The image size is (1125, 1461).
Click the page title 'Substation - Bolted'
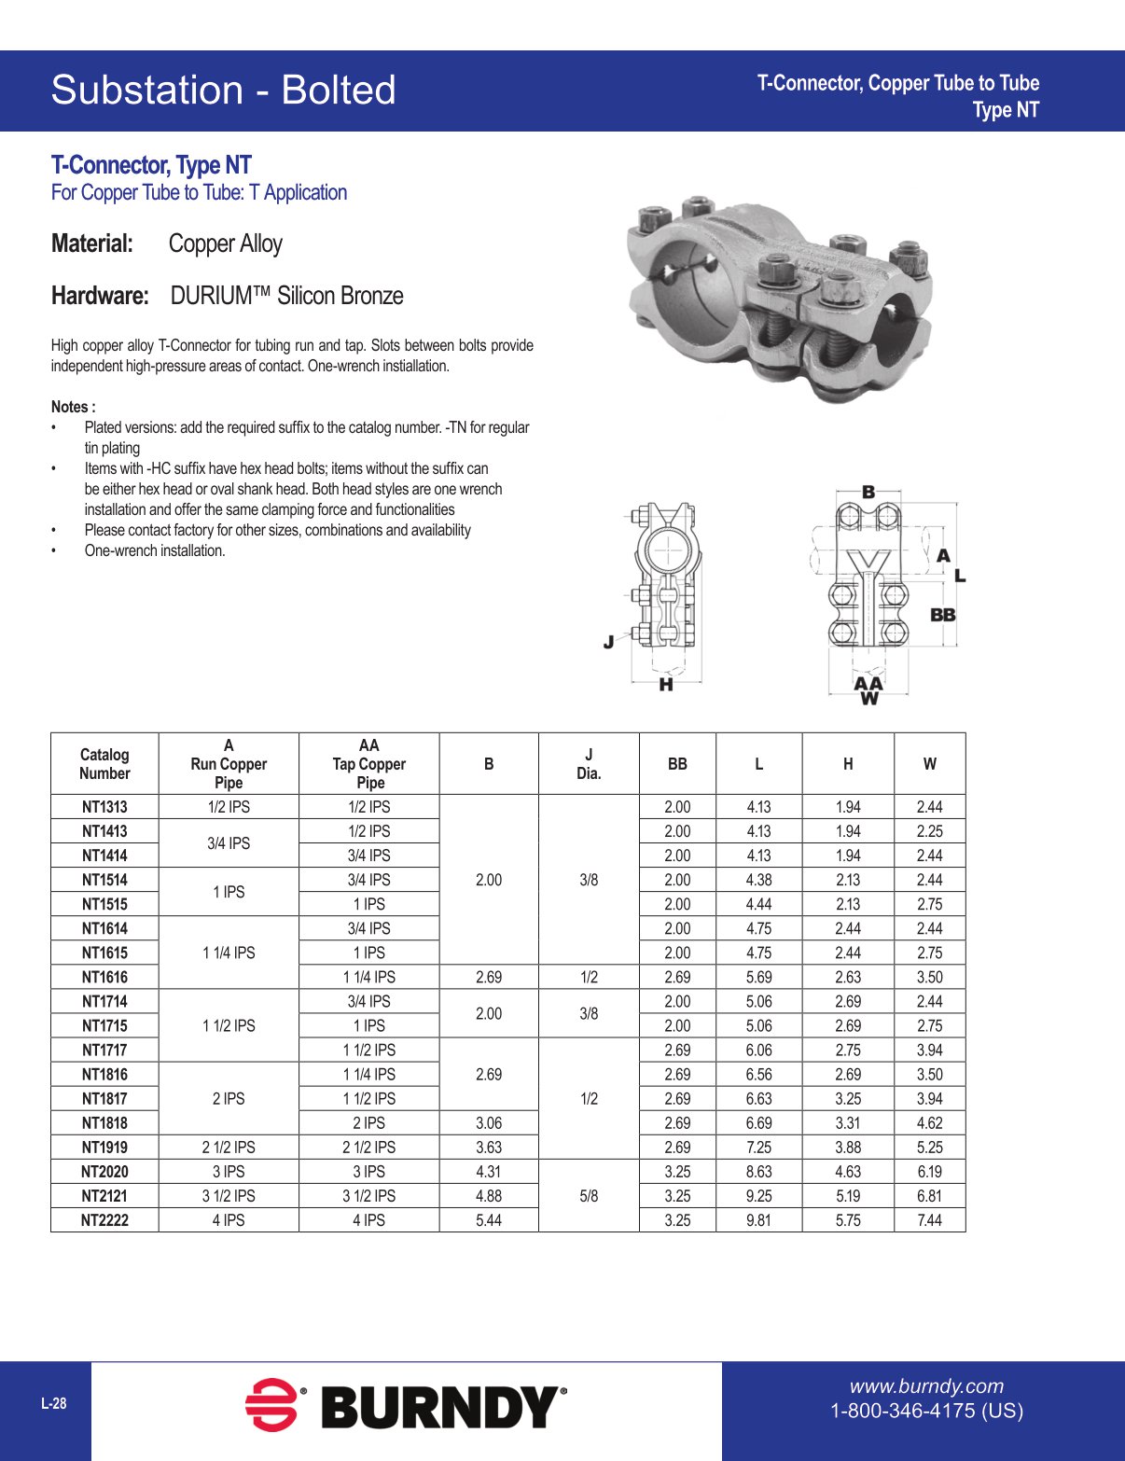pyautogui.click(x=223, y=90)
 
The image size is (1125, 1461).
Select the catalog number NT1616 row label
pyautogui.click(x=104, y=977)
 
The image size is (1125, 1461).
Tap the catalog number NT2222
pyautogui.click(x=104, y=1220)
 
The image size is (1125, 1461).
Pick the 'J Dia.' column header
pyautogui.click(x=589, y=764)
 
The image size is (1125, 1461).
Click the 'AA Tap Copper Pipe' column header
pyautogui.click(x=369, y=764)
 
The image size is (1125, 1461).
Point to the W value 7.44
pyautogui.click(x=929, y=1220)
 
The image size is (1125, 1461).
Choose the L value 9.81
pyautogui.click(x=758, y=1220)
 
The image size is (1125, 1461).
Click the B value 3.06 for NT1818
pyautogui.click(x=489, y=1123)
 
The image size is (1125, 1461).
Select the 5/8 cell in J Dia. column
pyautogui.click(x=589, y=1196)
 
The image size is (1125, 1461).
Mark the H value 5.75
pyautogui.click(x=848, y=1220)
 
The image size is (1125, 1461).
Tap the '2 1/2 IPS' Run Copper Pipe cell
pyautogui.click(x=229, y=1148)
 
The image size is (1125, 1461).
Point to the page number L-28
pyautogui.click(x=54, y=1403)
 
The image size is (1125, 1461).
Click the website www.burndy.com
pyautogui.click(x=926, y=1386)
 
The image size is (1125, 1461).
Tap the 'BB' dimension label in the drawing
pyautogui.click(x=943, y=615)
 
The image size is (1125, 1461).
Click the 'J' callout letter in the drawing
pyautogui.click(x=608, y=641)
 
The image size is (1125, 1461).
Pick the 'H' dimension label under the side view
pyautogui.click(x=666, y=685)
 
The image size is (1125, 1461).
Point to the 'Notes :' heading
pyautogui.click(x=73, y=407)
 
